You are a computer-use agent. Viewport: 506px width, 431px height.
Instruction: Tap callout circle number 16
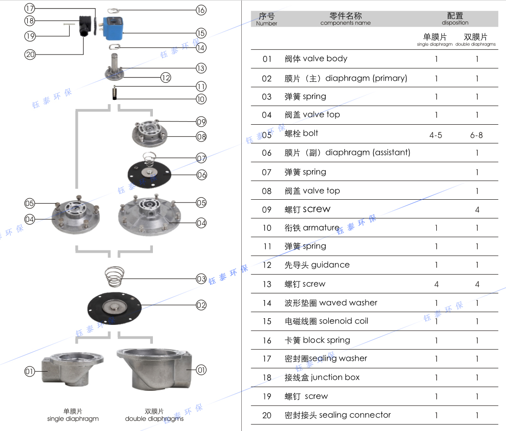click(201, 10)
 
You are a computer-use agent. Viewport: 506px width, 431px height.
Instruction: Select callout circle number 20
click(30, 54)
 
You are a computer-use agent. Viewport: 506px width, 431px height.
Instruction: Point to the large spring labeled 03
click(115, 277)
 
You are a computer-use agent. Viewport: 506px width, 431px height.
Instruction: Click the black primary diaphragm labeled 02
click(115, 306)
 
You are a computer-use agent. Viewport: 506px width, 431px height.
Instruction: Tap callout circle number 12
click(165, 77)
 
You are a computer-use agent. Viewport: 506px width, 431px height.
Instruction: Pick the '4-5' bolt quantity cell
click(436, 135)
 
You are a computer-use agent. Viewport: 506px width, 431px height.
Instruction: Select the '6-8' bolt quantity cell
click(476, 135)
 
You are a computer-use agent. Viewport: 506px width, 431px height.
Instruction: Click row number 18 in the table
click(267, 377)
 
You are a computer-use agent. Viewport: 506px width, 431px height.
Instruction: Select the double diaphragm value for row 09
click(477, 210)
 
